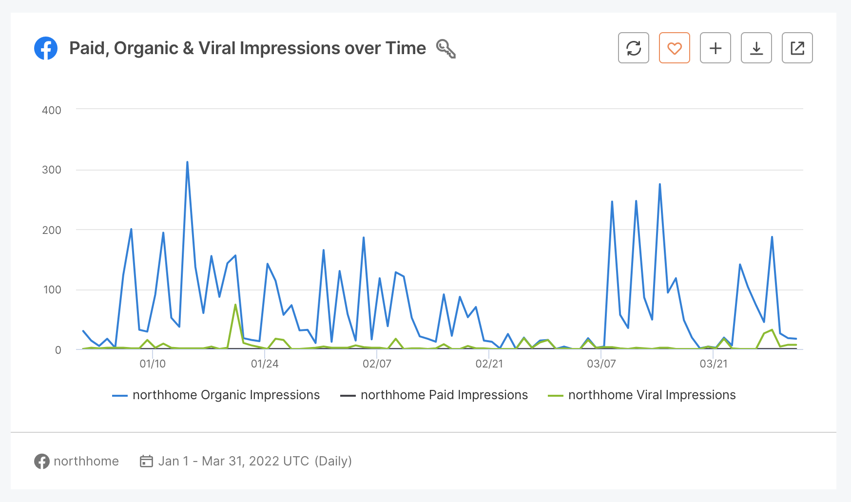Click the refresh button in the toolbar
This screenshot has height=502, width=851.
633,48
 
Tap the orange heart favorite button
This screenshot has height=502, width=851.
674,48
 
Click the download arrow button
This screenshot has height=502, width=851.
756,48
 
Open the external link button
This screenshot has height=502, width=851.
797,48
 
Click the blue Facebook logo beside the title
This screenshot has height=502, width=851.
46,48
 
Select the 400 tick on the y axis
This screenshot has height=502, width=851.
52,110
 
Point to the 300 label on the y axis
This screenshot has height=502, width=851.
52,170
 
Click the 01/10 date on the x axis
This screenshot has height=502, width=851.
153,364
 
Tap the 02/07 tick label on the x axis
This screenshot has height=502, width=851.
377,364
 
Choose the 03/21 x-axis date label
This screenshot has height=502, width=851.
714,364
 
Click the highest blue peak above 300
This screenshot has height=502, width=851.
187,162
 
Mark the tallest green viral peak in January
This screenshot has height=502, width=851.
235,305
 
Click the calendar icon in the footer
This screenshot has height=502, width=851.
146,461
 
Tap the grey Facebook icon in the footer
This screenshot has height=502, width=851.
42,461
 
